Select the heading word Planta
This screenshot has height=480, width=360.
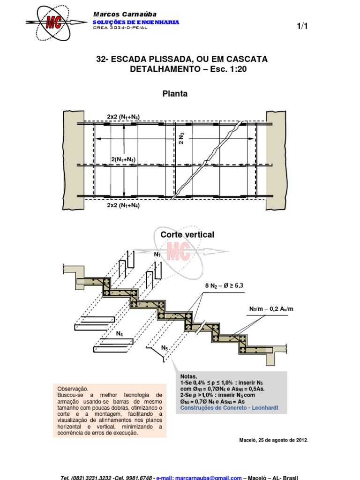(x=174, y=94)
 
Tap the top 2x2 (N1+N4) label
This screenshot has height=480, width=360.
(x=123, y=117)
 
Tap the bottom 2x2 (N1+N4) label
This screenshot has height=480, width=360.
(x=123, y=205)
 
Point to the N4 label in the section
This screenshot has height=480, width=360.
(x=120, y=334)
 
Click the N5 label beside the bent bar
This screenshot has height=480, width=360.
(x=165, y=348)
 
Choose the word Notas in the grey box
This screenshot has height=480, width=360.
(x=189, y=376)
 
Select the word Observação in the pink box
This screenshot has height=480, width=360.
(x=73, y=389)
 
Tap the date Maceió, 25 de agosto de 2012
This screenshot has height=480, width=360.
(x=274, y=440)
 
